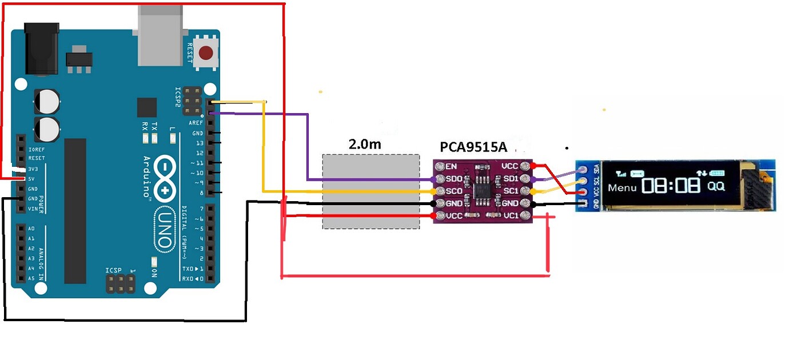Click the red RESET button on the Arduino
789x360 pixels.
click(205, 53)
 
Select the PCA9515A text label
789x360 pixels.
click(473, 147)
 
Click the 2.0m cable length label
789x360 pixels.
click(365, 144)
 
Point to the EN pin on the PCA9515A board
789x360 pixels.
click(440, 167)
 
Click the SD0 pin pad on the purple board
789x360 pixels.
click(440, 179)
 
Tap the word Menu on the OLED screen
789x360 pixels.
click(622, 187)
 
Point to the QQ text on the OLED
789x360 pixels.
click(716, 186)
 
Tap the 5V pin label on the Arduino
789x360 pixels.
click(33, 179)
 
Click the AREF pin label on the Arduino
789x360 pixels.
click(196, 123)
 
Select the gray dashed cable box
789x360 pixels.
click(370, 191)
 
